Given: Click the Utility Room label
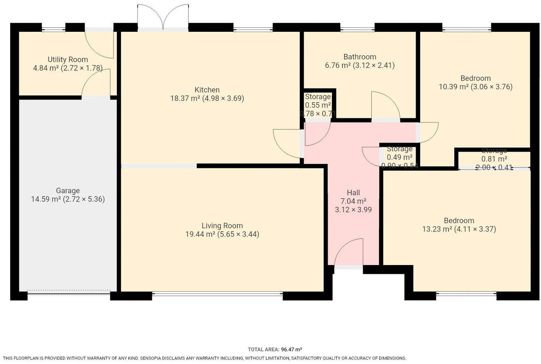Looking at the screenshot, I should (x=68, y=60).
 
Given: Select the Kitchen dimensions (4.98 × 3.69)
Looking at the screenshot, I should (x=223, y=98).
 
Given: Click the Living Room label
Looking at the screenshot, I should (x=222, y=226).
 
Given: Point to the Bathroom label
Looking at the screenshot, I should (x=359, y=57).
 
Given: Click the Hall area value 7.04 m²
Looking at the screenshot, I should (x=353, y=201).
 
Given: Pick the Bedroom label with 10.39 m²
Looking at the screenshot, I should (x=475, y=78).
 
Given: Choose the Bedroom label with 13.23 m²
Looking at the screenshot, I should (x=459, y=221).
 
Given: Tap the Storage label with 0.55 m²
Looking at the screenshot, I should (x=318, y=97).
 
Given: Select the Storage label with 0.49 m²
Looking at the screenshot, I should (x=399, y=149).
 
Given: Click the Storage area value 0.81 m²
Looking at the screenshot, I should (x=494, y=159).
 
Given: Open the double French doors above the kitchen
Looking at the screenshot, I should (x=163, y=17).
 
